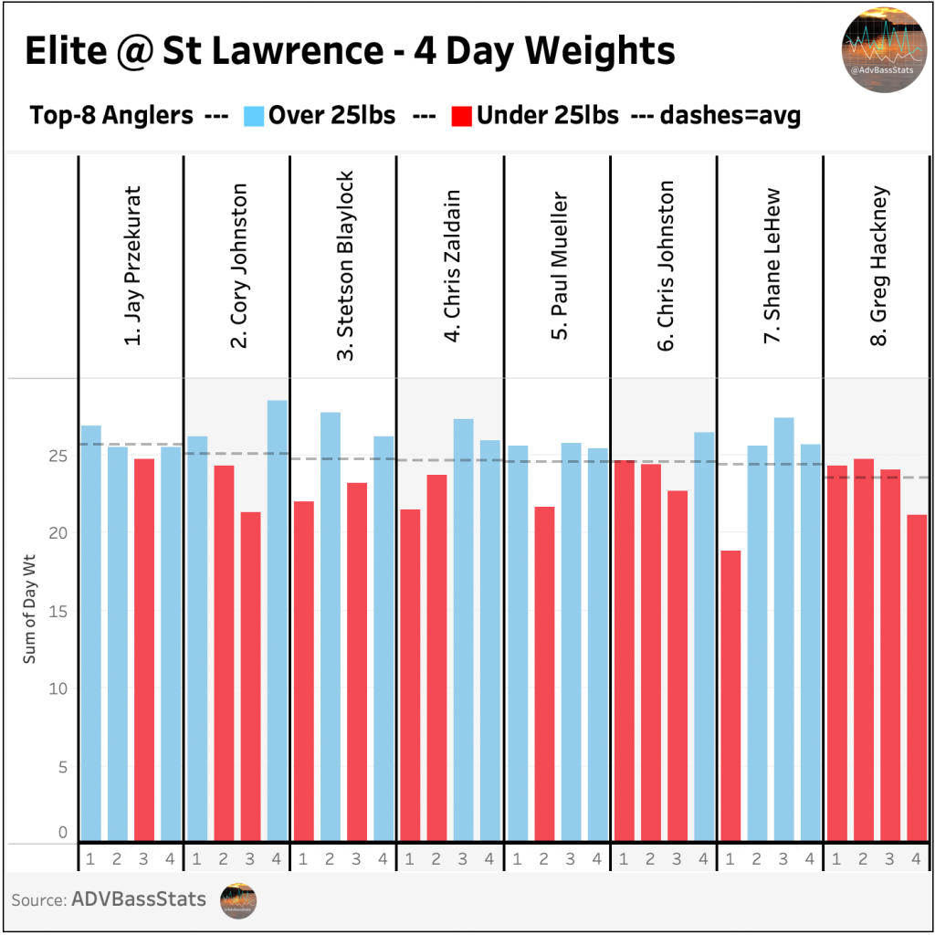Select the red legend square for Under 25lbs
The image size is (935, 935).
coord(462,116)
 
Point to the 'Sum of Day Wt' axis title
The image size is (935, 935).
coord(29,611)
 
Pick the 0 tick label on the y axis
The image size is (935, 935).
coord(63,832)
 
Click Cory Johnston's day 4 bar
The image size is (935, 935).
coord(278,620)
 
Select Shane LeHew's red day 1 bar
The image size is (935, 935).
coord(730,695)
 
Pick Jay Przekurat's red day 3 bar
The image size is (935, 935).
coord(144,649)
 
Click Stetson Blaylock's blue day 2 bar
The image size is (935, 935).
coord(331,626)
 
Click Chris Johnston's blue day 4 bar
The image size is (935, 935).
coord(704,636)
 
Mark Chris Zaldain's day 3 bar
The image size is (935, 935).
coord(464,629)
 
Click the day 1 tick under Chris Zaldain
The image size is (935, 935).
coord(410,859)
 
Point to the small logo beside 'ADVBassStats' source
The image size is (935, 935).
coord(239,900)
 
